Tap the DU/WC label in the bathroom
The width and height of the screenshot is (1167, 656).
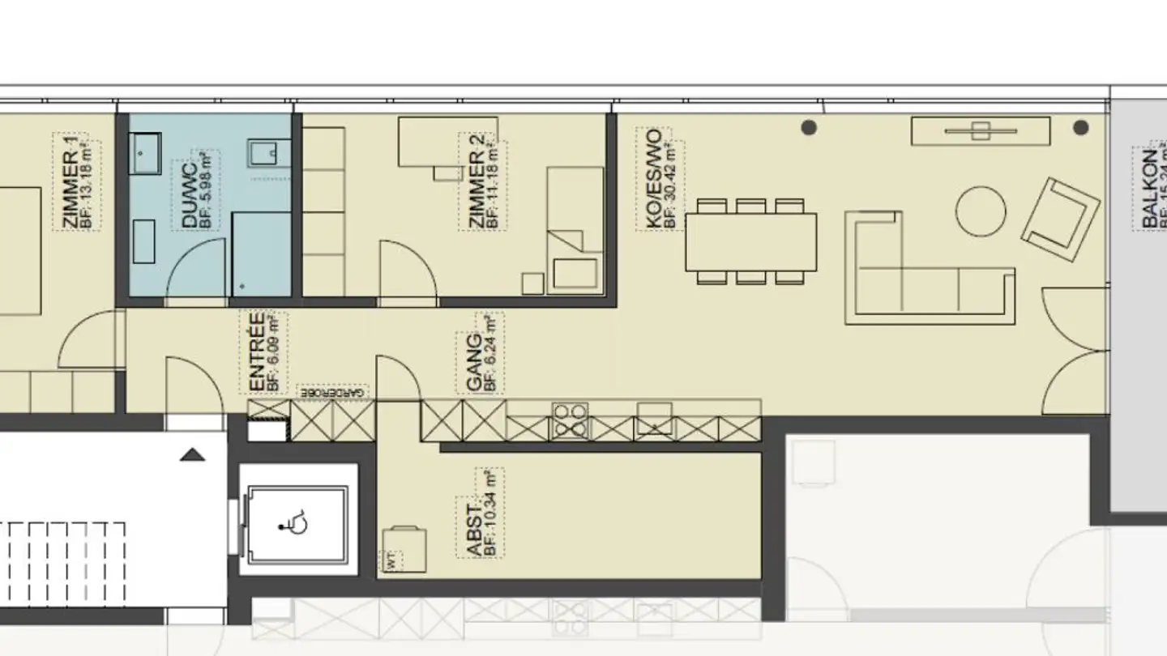click(x=189, y=194)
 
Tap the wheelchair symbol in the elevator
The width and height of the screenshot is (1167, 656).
click(x=296, y=524)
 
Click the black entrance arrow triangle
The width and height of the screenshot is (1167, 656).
click(x=192, y=454)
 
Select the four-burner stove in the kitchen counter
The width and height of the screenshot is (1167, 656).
click(x=570, y=421)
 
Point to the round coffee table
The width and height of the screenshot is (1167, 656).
click(x=981, y=211)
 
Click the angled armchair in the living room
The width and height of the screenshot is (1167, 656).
click(x=1060, y=219)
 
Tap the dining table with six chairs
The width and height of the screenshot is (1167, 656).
click(x=750, y=241)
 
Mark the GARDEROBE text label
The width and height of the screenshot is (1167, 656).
click(x=333, y=391)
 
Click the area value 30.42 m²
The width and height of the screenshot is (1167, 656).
click(x=669, y=185)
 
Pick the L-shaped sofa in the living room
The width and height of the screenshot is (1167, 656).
click(x=924, y=271)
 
